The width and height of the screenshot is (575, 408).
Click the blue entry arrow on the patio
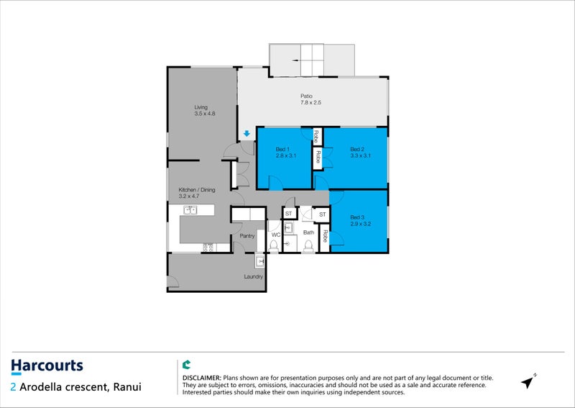point(247,134)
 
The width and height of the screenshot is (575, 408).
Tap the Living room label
point(201,107)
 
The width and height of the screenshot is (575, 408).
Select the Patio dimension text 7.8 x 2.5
point(310,103)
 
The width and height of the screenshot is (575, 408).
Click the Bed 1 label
point(282,149)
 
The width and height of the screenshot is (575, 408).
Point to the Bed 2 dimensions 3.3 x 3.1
point(361,155)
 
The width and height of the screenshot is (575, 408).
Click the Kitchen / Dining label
point(197,190)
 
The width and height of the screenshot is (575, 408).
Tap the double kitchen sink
point(190,210)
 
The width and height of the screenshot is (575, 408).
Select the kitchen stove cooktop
point(208,248)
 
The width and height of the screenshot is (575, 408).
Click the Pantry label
point(247,236)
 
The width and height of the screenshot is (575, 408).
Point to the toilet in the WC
point(274,245)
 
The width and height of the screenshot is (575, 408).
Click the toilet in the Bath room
point(308,245)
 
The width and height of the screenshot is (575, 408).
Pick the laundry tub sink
point(260,261)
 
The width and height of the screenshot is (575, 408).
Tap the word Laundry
point(254,276)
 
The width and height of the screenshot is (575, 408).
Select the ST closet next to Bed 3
point(322,214)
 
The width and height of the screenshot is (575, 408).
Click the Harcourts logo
point(47,366)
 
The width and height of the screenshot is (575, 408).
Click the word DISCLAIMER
point(202,378)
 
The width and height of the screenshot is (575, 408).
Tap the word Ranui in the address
point(127,387)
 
